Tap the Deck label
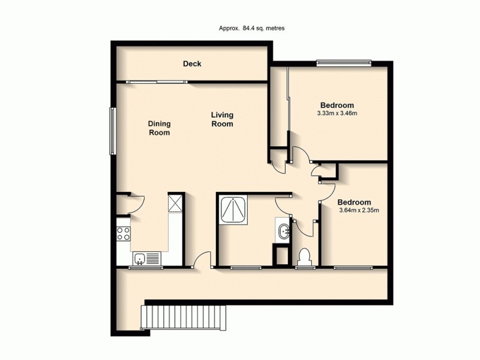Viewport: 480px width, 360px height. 192,64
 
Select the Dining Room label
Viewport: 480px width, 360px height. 160,128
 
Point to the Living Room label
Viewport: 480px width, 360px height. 222,119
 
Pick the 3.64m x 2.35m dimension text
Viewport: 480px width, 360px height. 359,211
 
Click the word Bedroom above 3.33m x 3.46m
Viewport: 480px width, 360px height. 337,104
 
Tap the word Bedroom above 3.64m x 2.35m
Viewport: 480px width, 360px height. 354,202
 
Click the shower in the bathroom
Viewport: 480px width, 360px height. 232,208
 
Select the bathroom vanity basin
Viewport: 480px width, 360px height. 283,229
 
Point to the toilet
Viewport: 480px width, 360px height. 304,256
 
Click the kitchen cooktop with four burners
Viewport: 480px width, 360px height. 123,233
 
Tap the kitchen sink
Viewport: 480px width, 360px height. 140,259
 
